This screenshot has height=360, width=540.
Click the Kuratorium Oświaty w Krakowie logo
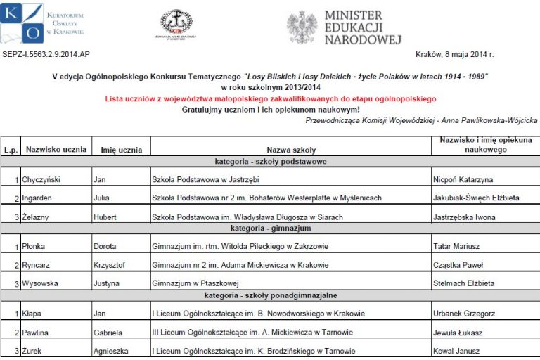click(x=43, y=23)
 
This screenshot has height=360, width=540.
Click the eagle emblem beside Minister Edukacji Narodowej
click(x=302, y=27)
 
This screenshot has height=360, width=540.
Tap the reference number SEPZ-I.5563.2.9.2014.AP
click(x=46, y=54)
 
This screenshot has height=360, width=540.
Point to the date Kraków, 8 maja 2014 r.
click(x=455, y=54)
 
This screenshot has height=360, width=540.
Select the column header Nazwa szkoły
click(x=291, y=150)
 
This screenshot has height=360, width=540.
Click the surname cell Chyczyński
click(x=45, y=180)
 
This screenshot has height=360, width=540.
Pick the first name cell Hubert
click(x=107, y=217)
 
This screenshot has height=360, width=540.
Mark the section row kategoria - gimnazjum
click(x=270, y=229)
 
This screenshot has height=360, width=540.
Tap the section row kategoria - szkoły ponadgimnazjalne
click(x=270, y=296)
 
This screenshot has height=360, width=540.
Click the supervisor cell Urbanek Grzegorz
click(x=463, y=314)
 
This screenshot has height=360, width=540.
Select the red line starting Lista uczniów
click(x=271, y=99)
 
